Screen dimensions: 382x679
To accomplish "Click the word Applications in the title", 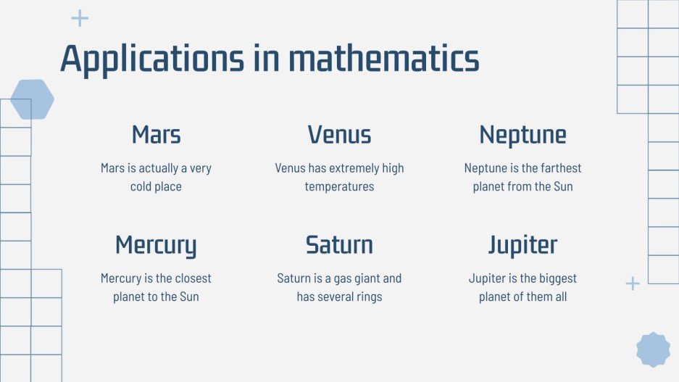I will tap(151, 59).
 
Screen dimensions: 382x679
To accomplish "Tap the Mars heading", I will tap(156, 135).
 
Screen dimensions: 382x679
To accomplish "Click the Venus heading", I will tap(339, 135).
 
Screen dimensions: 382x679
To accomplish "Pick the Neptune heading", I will tap(522, 135).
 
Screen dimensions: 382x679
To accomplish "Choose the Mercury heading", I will tap(156, 245).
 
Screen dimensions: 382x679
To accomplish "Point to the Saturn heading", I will tap(339, 245).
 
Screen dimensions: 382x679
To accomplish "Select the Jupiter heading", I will tap(522, 245).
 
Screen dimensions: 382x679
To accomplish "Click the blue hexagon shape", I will tap(32, 99).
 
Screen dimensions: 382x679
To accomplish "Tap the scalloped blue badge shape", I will tap(653, 349).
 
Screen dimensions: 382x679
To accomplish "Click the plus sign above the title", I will tap(80, 19).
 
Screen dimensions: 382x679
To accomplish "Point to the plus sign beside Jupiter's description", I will tap(633, 283).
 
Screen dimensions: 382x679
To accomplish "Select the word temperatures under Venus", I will tap(339, 187).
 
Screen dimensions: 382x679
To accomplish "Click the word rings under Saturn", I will tap(367, 297).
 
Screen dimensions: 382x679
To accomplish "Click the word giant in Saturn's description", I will tap(362, 278).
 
